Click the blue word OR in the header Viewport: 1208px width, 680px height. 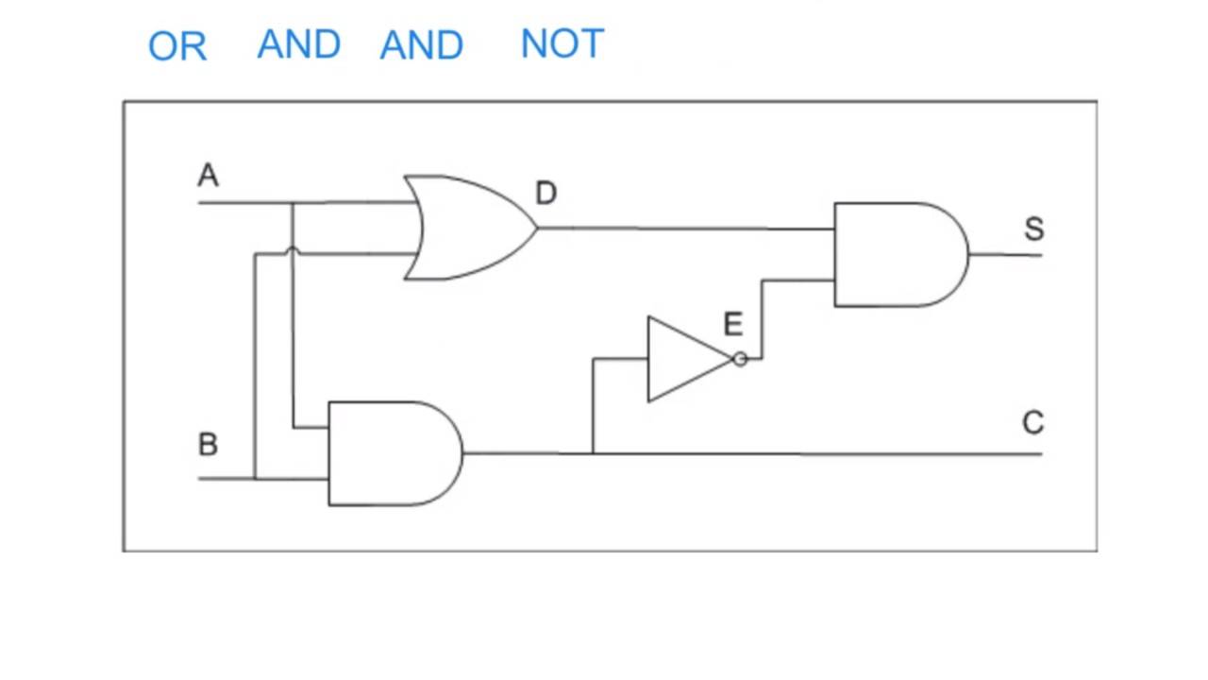[x=177, y=46]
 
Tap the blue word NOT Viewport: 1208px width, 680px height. [x=562, y=44]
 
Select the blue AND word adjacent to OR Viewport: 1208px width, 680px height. [x=299, y=44]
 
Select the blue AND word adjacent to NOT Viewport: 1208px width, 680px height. [x=422, y=45]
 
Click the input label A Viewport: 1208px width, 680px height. [x=208, y=177]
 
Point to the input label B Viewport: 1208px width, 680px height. [x=208, y=445]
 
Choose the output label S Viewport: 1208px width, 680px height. [x=1033, y=229]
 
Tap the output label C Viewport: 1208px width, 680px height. [x=1032, y=422]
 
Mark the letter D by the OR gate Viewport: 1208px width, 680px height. [x=545, y=194]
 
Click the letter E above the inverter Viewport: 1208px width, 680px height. [x=732, y=325]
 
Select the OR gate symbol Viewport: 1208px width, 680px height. [x=467, y=228]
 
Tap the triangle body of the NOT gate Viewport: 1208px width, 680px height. [x=681, y=359]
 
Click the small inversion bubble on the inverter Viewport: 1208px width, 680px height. [x=740, y=359]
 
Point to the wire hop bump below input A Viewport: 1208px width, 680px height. [x=293, y=251]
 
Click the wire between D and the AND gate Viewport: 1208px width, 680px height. [x=684, y=229]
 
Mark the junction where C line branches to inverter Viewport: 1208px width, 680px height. [x=593, y=453]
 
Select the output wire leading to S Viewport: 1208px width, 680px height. [x=1005, y=254]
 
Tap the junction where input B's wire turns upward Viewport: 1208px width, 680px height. [x=255, y=478]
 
